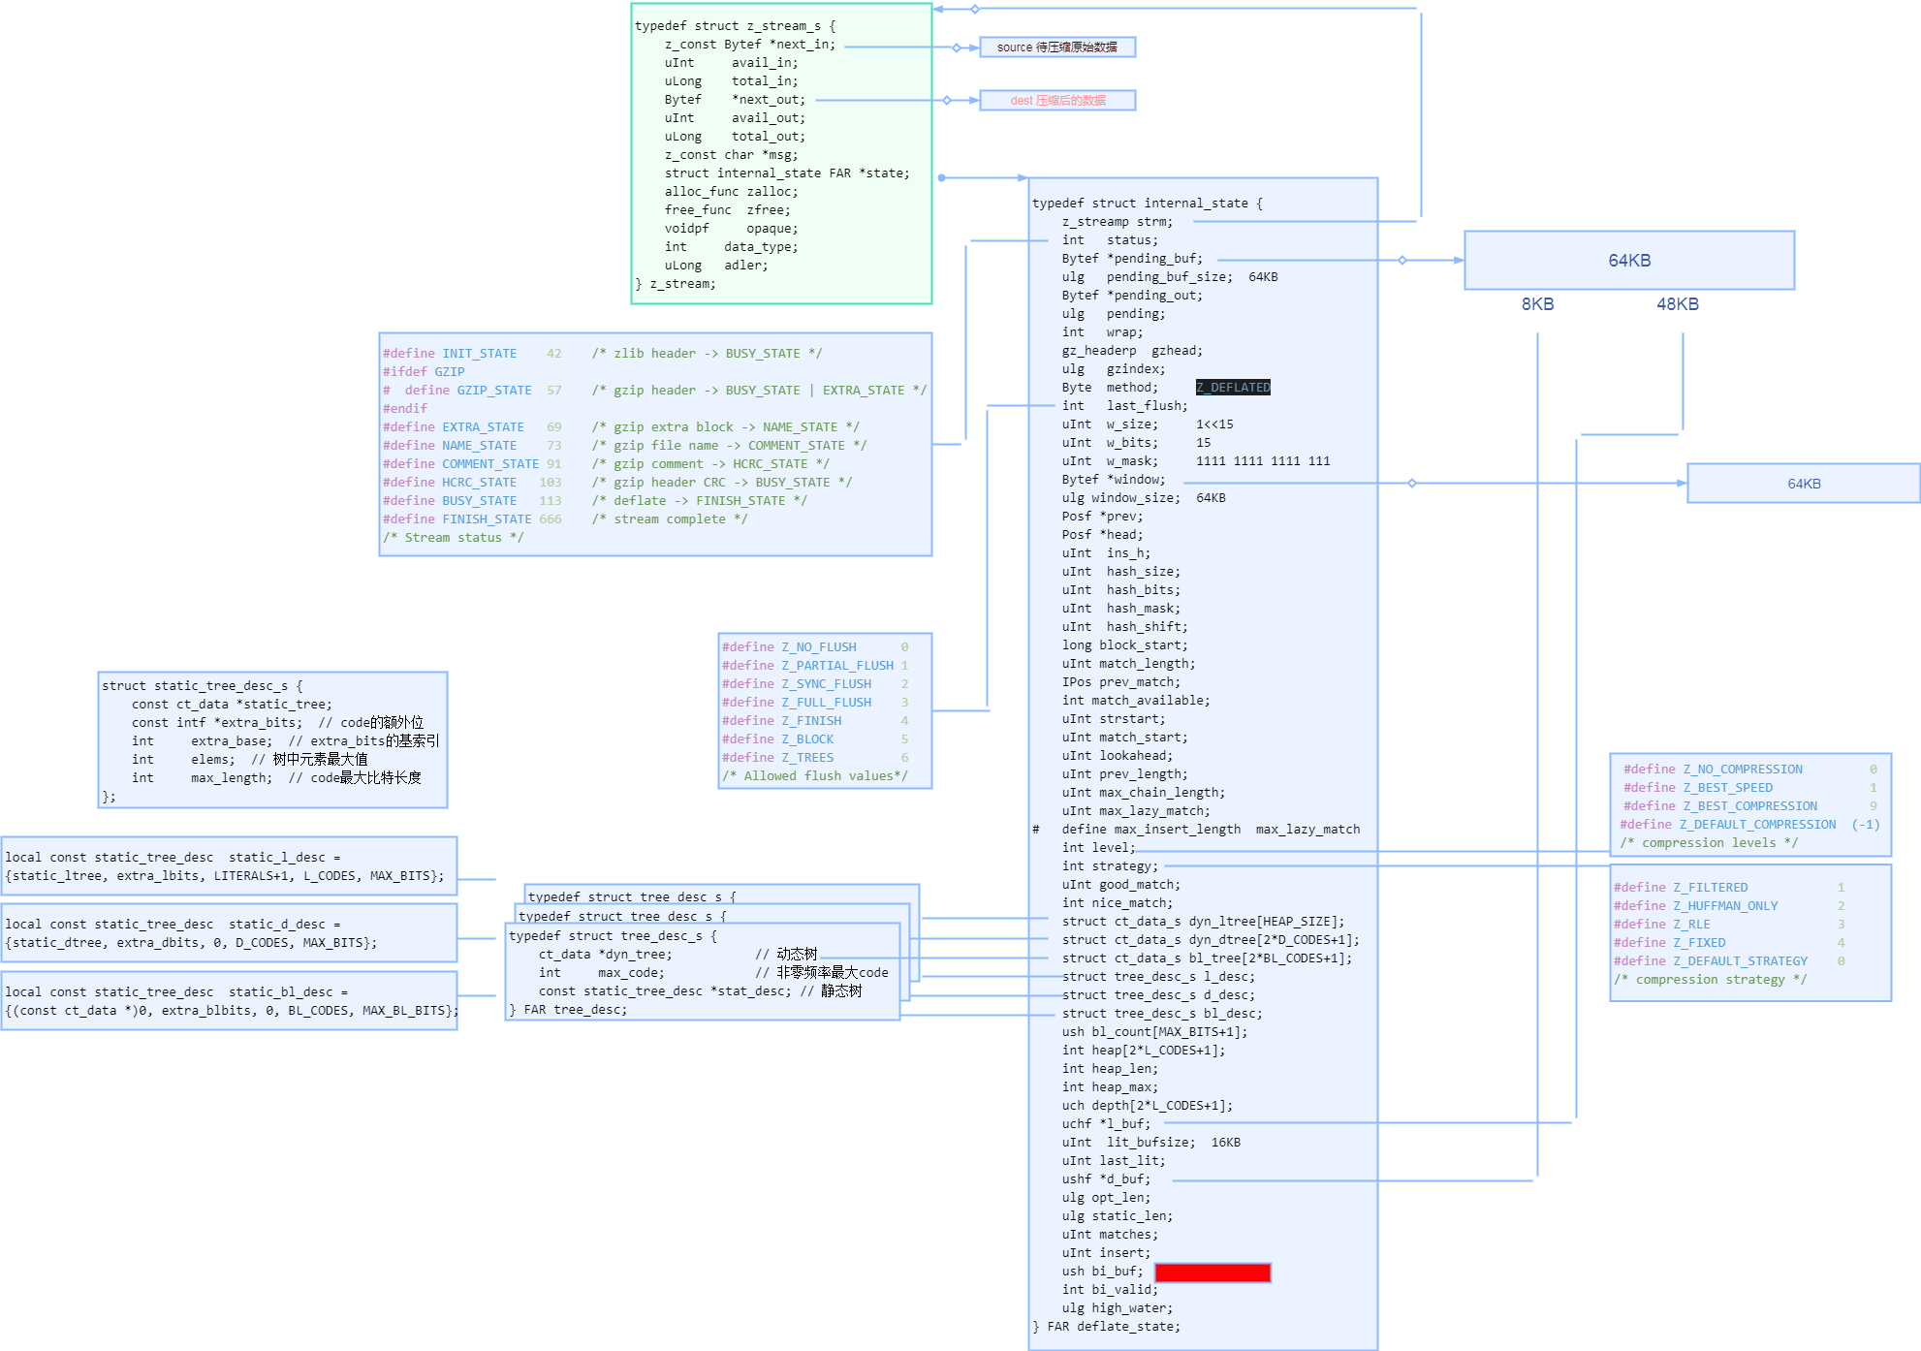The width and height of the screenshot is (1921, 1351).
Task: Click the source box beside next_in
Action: pos(1056,47)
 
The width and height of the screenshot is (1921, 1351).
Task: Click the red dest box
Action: pos(1056,100)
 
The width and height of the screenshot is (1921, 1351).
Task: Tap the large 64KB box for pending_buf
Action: pos(1628,260)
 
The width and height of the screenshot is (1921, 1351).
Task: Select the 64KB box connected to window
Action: pos(1803,483)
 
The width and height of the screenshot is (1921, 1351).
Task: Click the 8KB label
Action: pos(1537,304)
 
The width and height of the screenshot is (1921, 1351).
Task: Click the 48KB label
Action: pos(1677,304)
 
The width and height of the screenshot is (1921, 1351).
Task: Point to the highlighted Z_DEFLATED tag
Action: pos(1232,388)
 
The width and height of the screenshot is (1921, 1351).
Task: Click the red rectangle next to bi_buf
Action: pos(1212,1272)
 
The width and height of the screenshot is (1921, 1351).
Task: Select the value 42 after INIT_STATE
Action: pos(553,354)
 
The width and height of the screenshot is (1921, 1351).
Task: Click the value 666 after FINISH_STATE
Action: pos(550,519)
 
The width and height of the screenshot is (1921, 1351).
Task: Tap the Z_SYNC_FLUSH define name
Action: pos(826,684)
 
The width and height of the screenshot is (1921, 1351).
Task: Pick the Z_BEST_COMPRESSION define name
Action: pos(1749,806)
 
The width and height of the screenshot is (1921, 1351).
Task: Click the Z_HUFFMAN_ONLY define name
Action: pos(1725,906)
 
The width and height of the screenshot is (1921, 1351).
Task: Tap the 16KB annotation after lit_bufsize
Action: pos(1225,1143)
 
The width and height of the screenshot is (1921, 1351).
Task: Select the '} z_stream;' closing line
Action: pos(676,284)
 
